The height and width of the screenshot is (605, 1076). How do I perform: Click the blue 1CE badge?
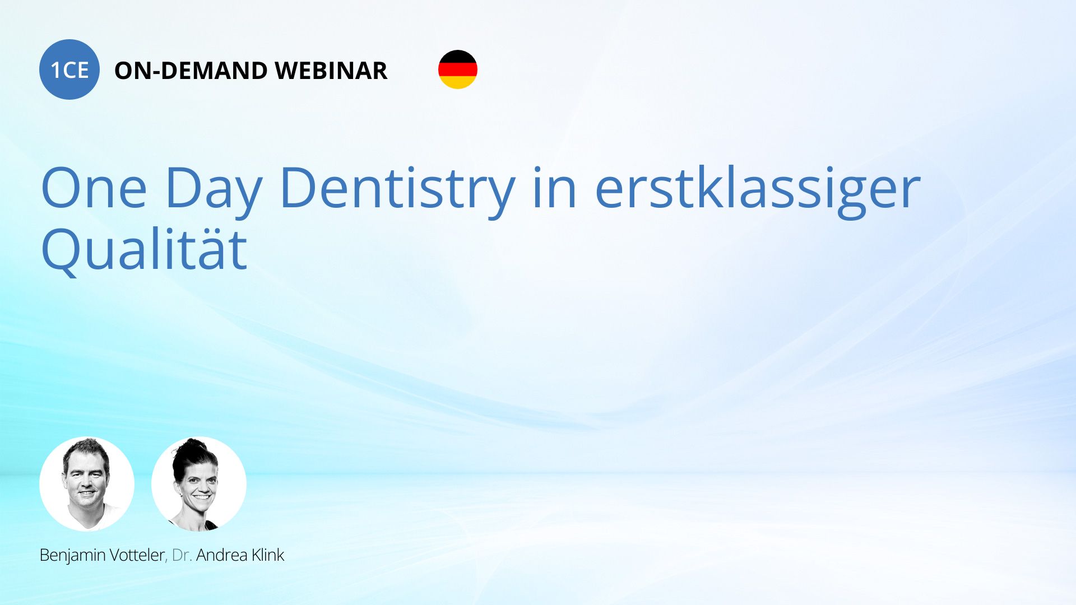click(x=69, y=69)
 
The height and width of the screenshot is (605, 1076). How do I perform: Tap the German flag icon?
click(x=458, y=69)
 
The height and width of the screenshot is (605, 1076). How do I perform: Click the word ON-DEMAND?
click(x=191, y=71)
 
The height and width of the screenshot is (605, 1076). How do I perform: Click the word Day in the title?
click(x=214, y=190)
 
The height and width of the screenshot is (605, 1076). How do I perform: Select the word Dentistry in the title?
click(x=397, y=190)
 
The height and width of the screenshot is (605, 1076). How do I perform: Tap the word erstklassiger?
click(x=758, y=190)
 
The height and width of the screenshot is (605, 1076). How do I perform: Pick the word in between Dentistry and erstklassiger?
click(x=555, y=188)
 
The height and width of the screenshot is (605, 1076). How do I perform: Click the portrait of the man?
click(x=87, y=484)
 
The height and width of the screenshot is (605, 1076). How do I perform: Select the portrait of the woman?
click(x=199, y=484)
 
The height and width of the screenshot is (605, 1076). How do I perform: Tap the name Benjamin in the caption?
click(x=73, y=555)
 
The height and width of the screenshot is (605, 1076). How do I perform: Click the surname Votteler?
click(x=137, y=555)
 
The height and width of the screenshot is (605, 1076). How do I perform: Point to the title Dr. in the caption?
click(x=182, y=555)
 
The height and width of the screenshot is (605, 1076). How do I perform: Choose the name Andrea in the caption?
click(x=222, y=555)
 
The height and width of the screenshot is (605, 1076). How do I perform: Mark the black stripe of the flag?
click(x=458, y=56)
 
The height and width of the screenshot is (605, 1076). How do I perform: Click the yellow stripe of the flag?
click(x=458, y=83)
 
